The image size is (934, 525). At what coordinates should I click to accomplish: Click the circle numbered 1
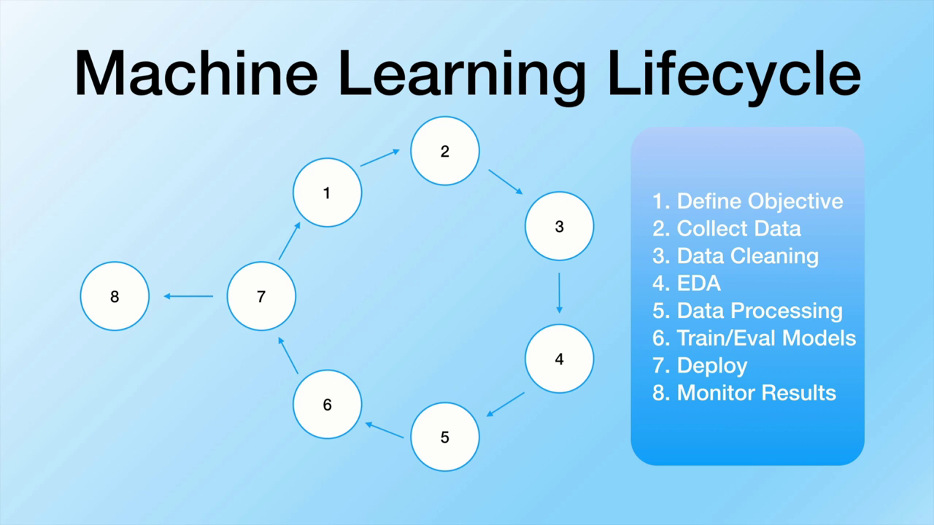pos(327,192)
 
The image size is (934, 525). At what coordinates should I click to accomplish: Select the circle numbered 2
pos(444,151)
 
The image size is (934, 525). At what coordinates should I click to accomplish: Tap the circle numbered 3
pos(559,226)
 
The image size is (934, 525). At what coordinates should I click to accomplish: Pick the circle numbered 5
pos(444,437)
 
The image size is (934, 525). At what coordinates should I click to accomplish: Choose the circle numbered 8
pos(115,296)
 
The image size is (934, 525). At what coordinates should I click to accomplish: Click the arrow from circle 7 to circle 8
pos(188,296)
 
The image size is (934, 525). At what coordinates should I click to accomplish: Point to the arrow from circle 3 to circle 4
pos(559,293)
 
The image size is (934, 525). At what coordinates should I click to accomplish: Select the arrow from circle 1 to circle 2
pos(380,157)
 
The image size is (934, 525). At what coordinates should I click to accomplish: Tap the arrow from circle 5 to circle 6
pos(385,430)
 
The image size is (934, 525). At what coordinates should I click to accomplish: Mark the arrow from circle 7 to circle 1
pos(290,241)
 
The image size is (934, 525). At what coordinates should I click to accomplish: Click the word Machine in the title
pos(196,73)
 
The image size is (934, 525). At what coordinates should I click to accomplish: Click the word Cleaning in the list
pos(776,256)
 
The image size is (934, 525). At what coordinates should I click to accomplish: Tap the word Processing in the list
pos(787,311)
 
